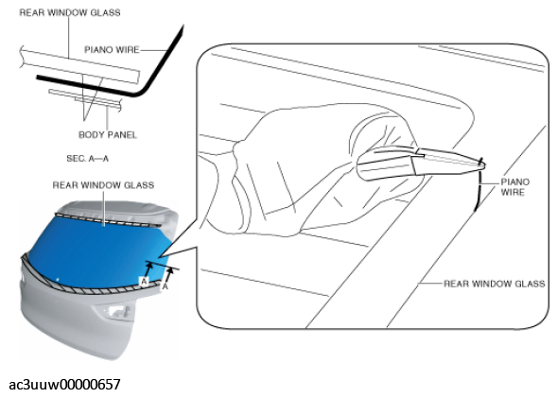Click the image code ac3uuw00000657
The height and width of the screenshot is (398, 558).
64,385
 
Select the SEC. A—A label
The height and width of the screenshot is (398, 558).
88,158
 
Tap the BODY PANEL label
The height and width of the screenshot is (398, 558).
108,135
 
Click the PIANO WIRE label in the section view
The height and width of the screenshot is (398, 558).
112,49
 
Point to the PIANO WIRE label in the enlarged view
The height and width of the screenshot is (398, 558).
514,187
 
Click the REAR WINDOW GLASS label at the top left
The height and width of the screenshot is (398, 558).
70,12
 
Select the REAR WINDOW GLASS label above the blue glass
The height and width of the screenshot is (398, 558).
103,185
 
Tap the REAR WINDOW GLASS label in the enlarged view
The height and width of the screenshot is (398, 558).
495,284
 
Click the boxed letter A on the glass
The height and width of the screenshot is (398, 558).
144,282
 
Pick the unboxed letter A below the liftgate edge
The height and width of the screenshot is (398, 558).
166,286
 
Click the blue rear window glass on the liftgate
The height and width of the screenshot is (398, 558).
96,249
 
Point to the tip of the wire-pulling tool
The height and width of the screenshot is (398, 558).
483,164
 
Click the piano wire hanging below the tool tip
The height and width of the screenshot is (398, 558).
479,188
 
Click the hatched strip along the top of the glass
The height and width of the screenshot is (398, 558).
107,220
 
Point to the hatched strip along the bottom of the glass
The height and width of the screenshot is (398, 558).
89,285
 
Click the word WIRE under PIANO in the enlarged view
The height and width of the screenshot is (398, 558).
513,192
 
